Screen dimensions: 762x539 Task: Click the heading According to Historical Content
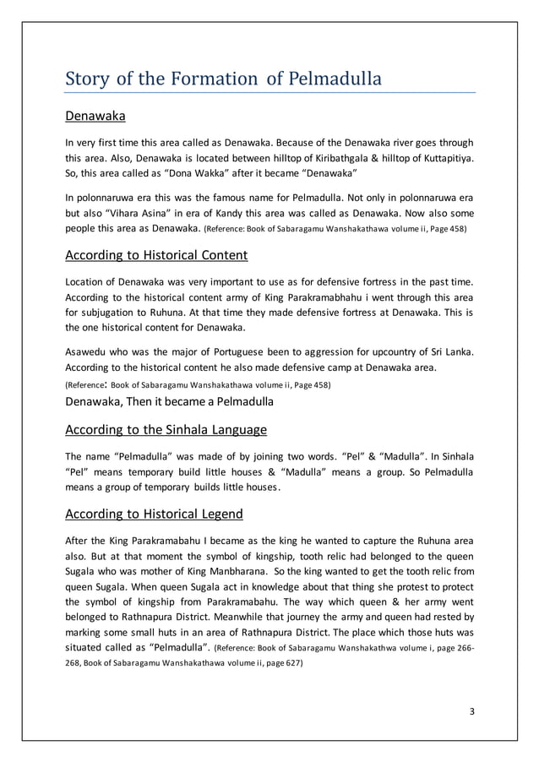[155, 255]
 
